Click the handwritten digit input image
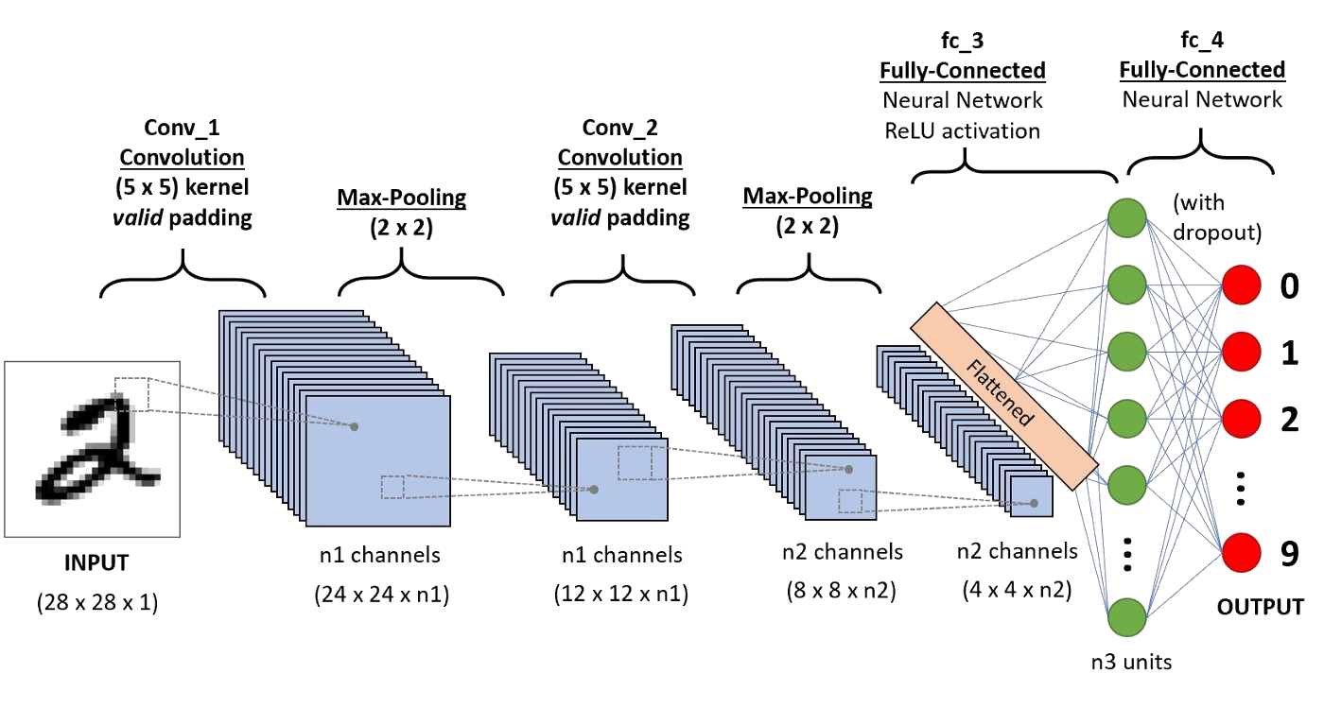tap(92, 447)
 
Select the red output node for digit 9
tap(1243, 555)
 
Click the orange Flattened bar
tap(1003, 396)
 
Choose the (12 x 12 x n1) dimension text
tap(620, 595)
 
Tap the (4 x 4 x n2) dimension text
tap(1018, 591)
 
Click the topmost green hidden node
tap(1126, 217)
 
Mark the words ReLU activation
tap(962, 130)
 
